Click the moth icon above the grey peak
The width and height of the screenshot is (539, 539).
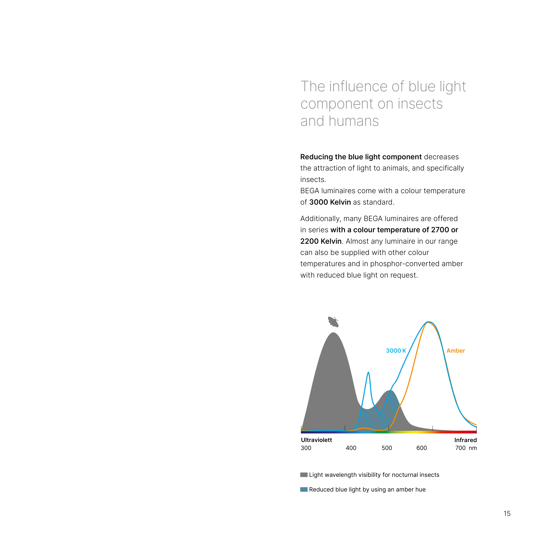pyautogui.click(x=333, y=322)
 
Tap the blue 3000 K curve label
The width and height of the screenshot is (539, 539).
pyautogui.click(x=396, y=351)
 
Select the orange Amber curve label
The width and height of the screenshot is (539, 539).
pyautogui.click(x=456, y=351)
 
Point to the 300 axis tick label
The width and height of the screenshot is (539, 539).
pyautogui.click(x=306, y=448)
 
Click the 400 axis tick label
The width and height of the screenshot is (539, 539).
pyautogui.click(x=351, y=448)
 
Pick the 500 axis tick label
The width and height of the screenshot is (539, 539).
pyautogui.click(x=387, y=448)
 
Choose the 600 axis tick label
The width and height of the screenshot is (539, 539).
pyautogui.click(x=422, y=448)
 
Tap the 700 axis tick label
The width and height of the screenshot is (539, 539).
pyautogui.click(x=460, y=448)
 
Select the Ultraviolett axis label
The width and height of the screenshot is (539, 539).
pyautogui.click(x=316, y=440)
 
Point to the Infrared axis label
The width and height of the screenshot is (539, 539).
pyautogui.click(x=465, y=440)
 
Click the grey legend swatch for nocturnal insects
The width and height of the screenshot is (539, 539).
pyautogui.click(x=304, y=475)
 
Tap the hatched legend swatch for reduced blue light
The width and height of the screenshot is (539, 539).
pyautogui.click(x=304, y=489)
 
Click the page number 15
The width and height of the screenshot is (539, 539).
pyautogui.click(x=507, y=514)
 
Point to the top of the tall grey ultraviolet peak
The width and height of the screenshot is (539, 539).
pyautogui.click(x=333, y=333)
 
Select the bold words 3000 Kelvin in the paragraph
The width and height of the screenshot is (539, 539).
pyautogui.click(x=330, y=202)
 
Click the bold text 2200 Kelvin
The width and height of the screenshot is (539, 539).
pyautogui.click(x=321, y=241)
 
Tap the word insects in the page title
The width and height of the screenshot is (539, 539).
pyautogui.click(x=420, y=104)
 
